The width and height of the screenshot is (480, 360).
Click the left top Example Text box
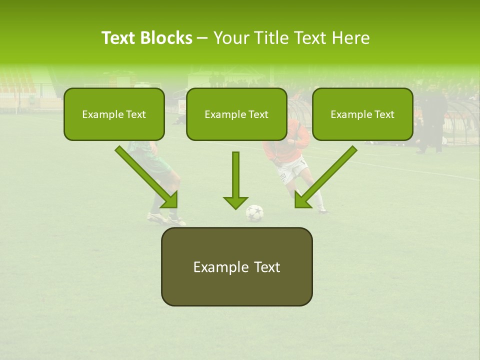tap(114, 114)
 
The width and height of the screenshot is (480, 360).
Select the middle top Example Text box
tap(236, 114)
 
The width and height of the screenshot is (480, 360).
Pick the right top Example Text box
tap(362, 114)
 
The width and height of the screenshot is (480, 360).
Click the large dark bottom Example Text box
tap(236, 266)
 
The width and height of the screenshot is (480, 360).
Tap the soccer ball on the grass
tap(254, 213)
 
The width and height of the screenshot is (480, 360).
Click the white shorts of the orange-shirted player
tap(292, 170)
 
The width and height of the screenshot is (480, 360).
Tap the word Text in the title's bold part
tap(119, 38)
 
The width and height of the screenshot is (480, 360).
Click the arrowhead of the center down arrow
tap(235, 201)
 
